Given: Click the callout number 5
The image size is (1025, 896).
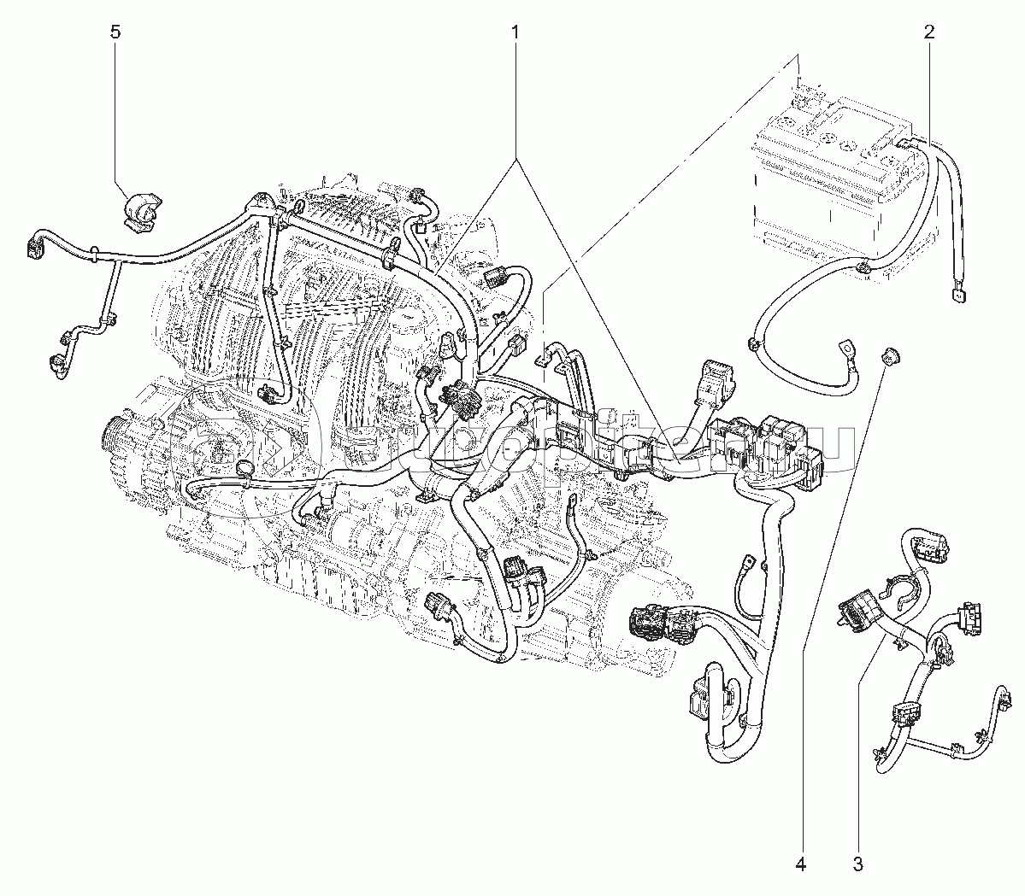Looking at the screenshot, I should (116, 32).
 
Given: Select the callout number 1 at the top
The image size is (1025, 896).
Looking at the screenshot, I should (515, 32).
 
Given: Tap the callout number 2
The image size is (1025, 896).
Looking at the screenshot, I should (929, 32).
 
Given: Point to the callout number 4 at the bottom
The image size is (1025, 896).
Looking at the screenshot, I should (801, 865).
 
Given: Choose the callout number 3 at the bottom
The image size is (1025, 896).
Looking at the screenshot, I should (857, 865).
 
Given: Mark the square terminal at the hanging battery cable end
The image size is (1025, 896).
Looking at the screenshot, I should (955, 296).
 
